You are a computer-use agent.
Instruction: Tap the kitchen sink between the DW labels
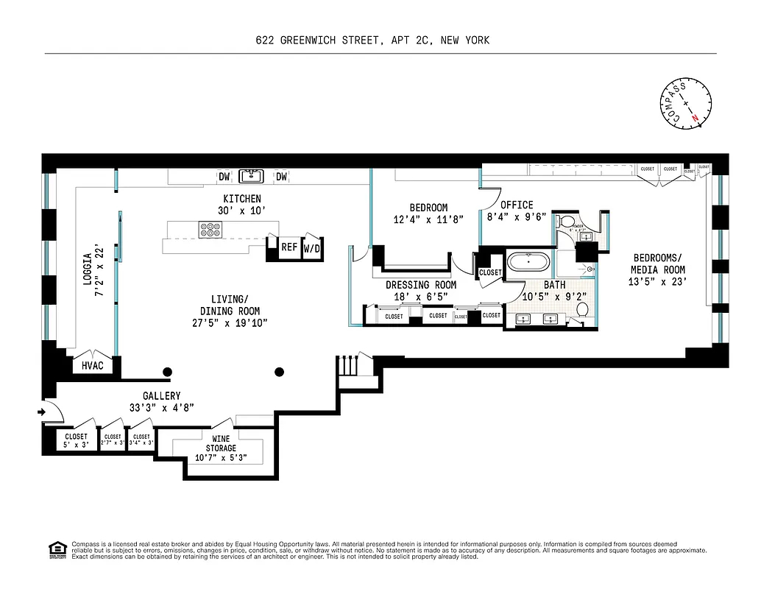tap(251, 176)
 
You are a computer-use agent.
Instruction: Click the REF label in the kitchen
tap(289, 247)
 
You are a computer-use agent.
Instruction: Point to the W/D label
tap(312, 249)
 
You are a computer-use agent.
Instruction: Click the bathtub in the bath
tap(527, 263)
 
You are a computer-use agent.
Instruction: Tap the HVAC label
tap(93, 365)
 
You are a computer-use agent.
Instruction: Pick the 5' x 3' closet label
tap(77, 440)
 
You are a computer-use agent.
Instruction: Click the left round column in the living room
tap(168, 372)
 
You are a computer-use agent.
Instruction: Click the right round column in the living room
tap(280, 372)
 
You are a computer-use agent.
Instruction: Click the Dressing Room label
tap(421, 285)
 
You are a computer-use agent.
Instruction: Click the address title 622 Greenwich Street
tap(372, 40)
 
